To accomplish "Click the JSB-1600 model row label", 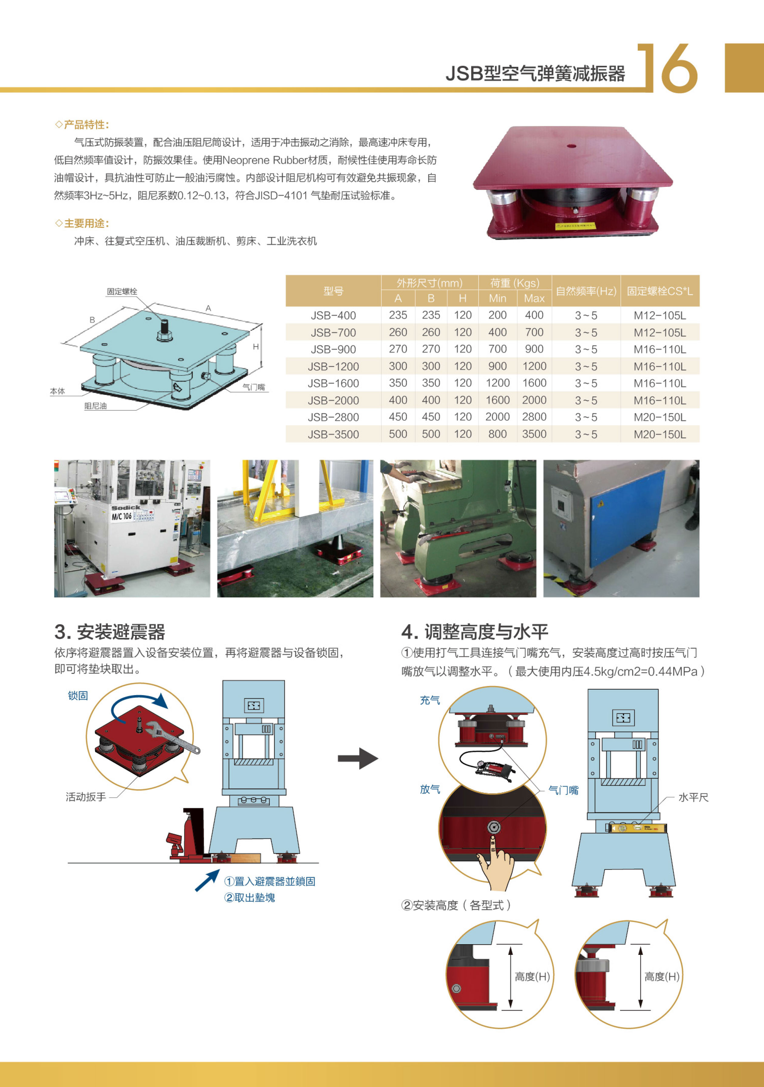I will pos(333,383).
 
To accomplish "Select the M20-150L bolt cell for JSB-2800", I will pos(660,417).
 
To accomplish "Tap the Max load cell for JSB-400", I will pos(534,315).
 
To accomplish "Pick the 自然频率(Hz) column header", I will pos(586,291).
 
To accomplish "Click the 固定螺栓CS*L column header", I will pos(660,291).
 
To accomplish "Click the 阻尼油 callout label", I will pos(96,406).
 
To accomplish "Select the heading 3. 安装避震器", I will pos(110,632).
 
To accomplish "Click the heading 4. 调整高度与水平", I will pos(475,632).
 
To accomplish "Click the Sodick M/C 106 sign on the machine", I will pos(126,512).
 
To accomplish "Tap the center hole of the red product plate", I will pos(571,146).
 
